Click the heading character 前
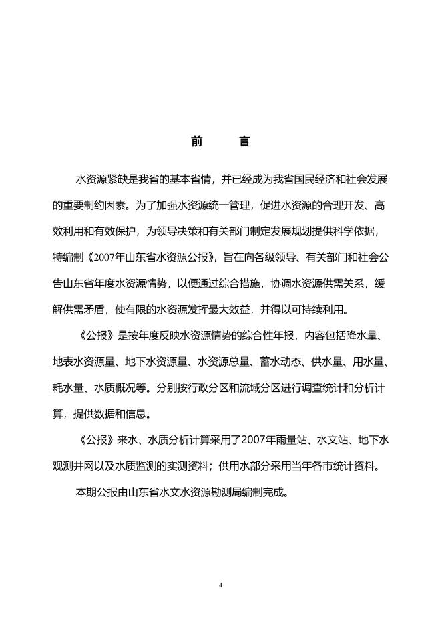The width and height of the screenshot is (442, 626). pyautogui.click(x=197, y=142)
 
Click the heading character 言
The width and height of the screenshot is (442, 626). pyautogui.click(x=244, y=142)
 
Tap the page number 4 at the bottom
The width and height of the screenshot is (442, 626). pyautogui.click(x=220, y=585)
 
